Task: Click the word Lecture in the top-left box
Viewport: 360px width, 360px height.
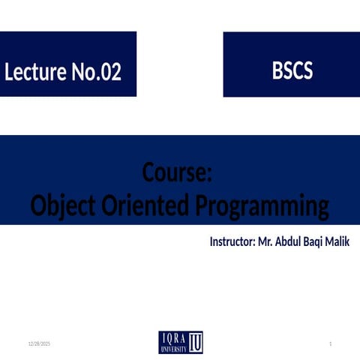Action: tap(35, 71)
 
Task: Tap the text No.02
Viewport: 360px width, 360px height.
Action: tap(97, 71)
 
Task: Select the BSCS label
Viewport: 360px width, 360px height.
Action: tap(292, 70)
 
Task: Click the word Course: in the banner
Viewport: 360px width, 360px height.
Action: tap(177, 172)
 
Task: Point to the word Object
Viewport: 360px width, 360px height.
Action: tap(63, 206)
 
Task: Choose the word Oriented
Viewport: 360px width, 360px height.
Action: tap(145, 205)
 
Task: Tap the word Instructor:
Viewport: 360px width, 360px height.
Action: tap(232, 241)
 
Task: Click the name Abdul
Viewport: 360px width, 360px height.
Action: tap(288, 241)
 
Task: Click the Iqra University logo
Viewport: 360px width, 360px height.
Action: tap(181, 342)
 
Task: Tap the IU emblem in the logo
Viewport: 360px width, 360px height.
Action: tap(195, 342)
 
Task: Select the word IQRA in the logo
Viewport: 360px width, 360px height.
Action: tap(174, 339)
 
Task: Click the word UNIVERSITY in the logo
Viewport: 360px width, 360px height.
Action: tap(174, 349)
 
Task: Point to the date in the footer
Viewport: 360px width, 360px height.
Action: tap(39, 344)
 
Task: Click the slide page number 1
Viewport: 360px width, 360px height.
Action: tap(331, 344)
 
